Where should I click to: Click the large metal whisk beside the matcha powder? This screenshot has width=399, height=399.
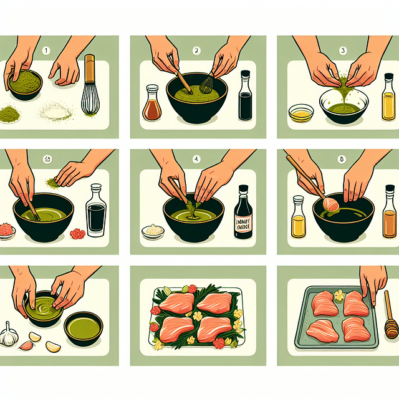(91, 94)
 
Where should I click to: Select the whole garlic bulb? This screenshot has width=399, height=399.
(9, 335)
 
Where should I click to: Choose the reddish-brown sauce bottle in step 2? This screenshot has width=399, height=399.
(153, 105)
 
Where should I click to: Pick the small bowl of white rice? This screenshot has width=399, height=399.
(153, 231)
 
